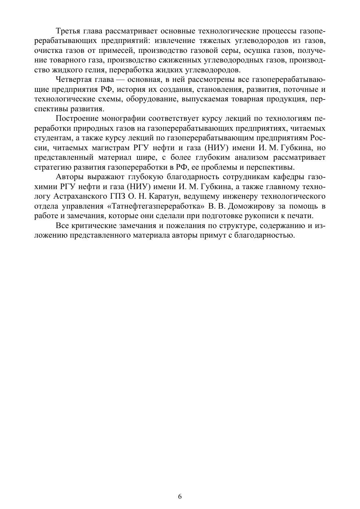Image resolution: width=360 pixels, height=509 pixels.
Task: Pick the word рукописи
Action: (x=256, y=216)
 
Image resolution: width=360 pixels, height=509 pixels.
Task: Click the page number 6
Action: (x=180, y=497)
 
